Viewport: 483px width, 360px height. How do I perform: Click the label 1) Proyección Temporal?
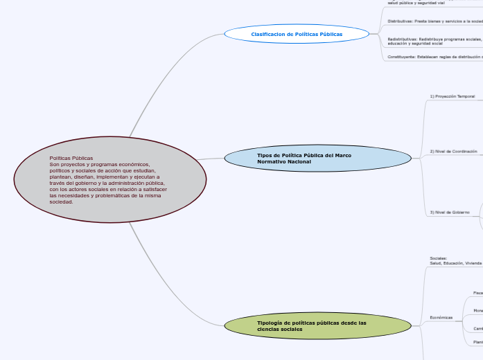[x=452, y=96]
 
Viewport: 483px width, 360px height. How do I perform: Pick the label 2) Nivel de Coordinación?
[x=453, y=151]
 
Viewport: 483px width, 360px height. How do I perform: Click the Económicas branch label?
[x=441, y=318]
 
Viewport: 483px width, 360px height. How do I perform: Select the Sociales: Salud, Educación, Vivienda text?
[x=455, y=261]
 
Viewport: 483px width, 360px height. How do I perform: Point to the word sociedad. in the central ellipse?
[x=61, y=201]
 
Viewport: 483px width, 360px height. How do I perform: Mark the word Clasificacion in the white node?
[x=267, y=34]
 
